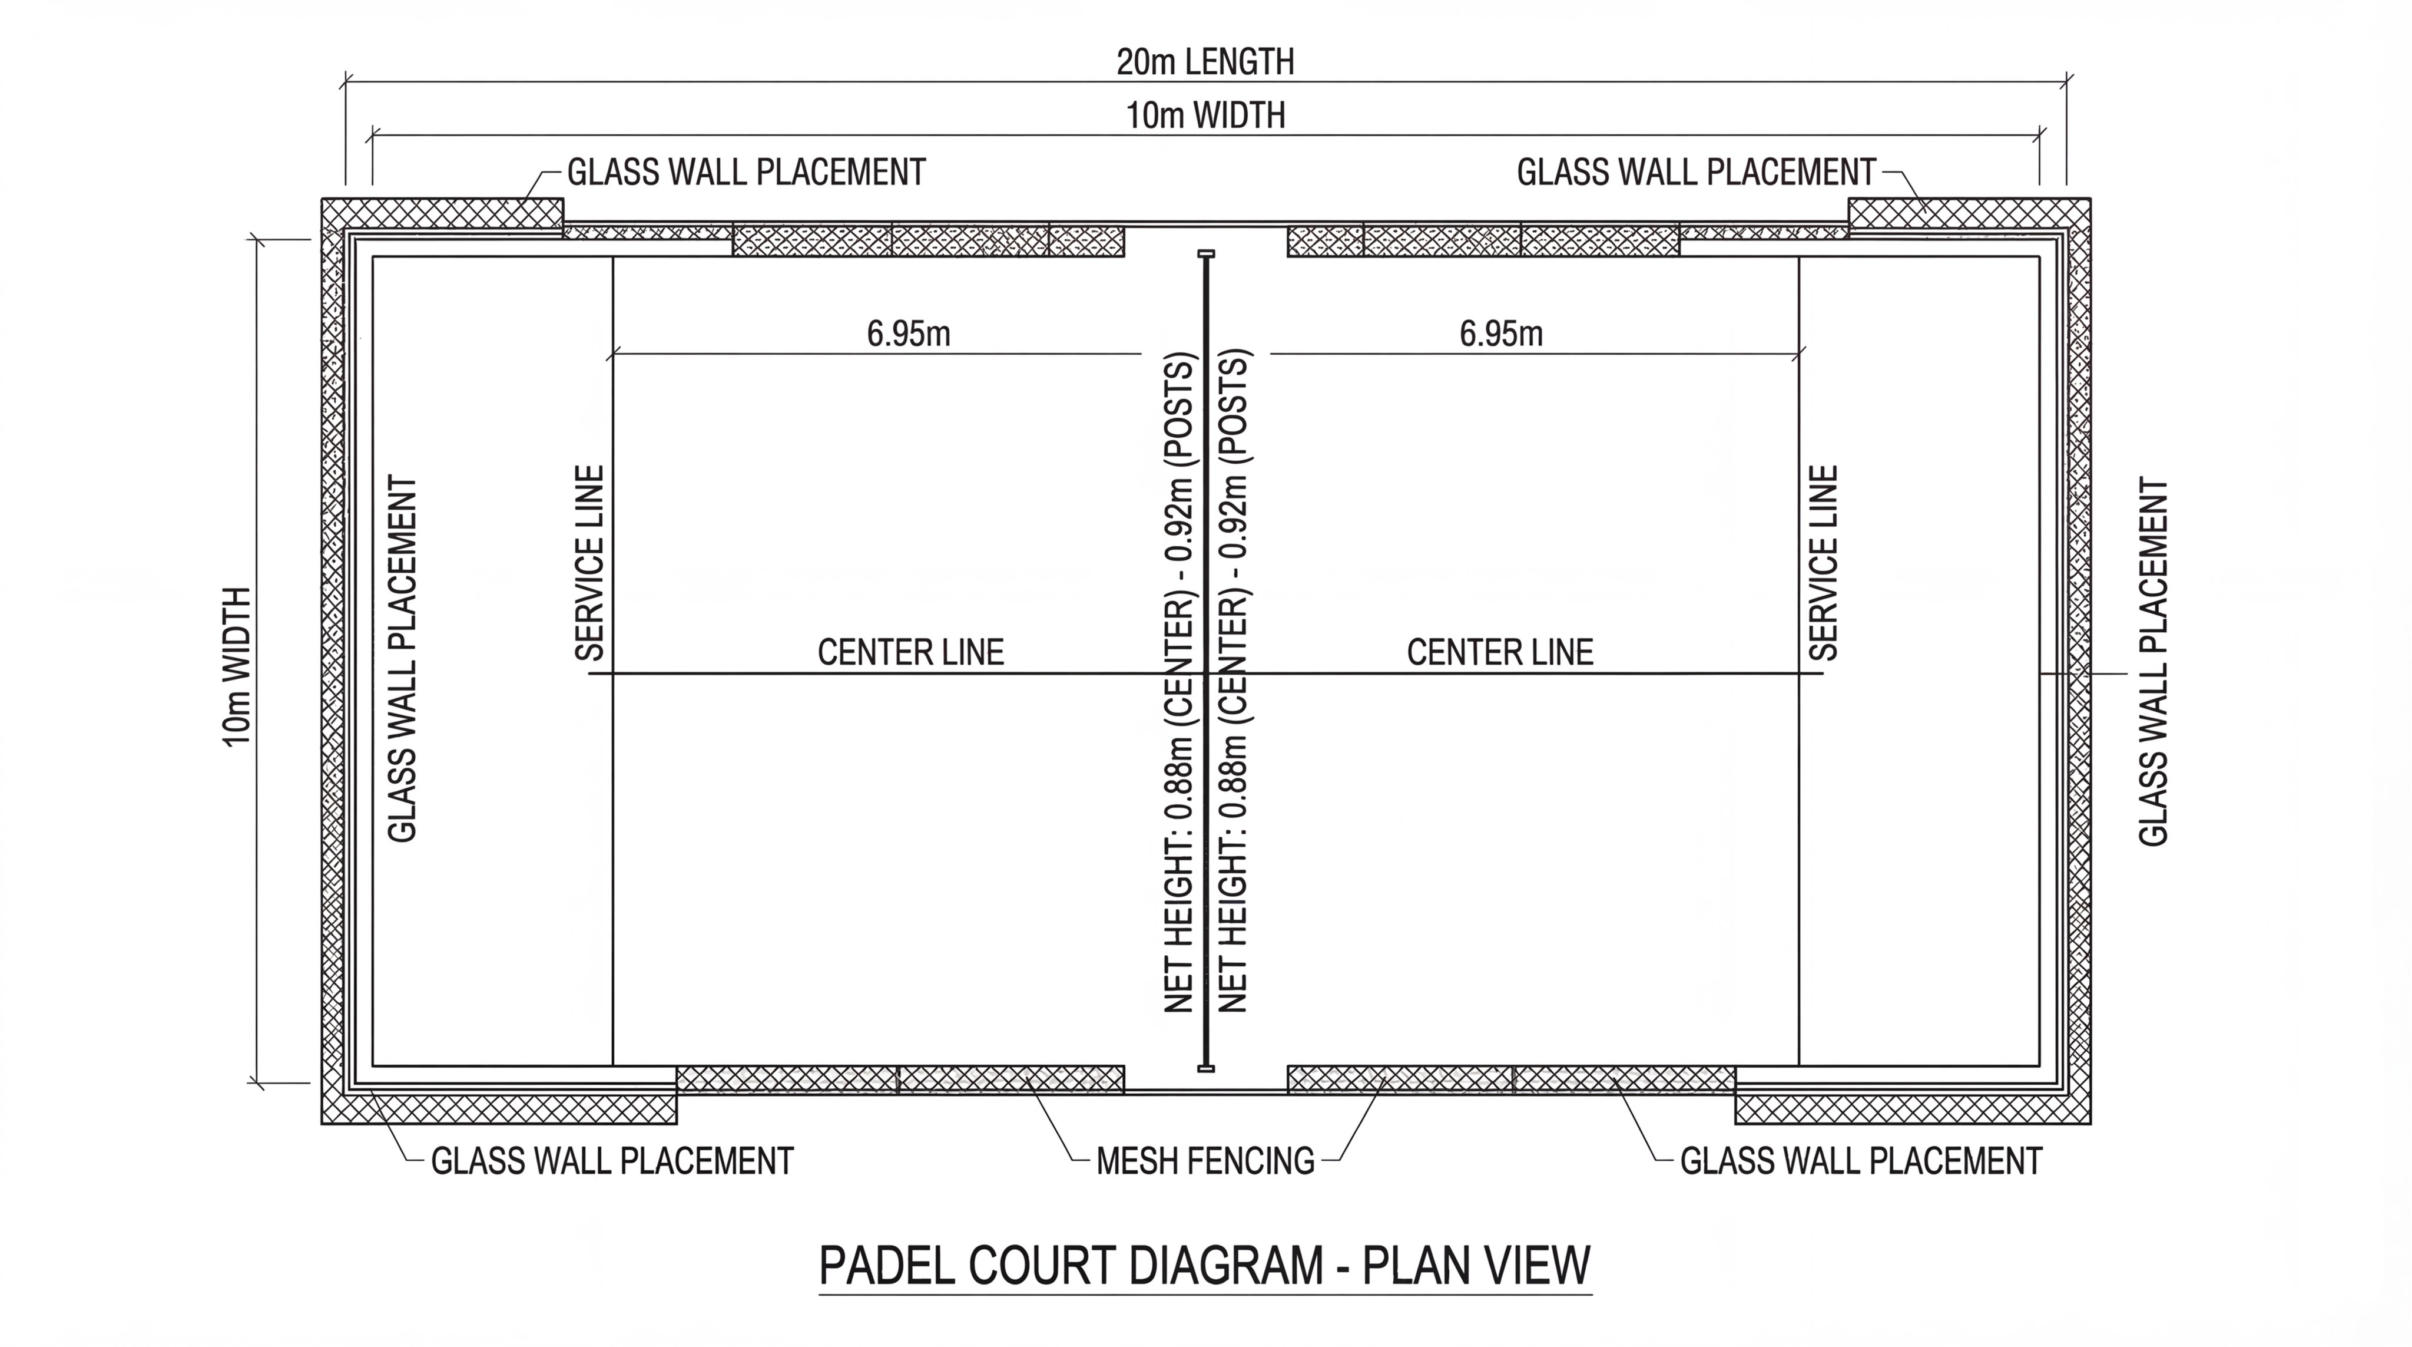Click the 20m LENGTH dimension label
(x=1205, y=62)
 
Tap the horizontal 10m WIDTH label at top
(x=1205, y=115)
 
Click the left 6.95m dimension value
(x=908, y=334)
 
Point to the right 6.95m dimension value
(x=1501, y=334)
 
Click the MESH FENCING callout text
(x=1205, y=1161)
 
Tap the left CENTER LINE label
(x=910, y=652)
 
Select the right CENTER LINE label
(x=1500, y=652)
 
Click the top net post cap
(x=1206, y=254)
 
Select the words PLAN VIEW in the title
(x=1477, y=1266)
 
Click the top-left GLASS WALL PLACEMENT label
(x=746, y=173)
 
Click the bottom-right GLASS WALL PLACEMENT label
(x=1860, y=1161)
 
